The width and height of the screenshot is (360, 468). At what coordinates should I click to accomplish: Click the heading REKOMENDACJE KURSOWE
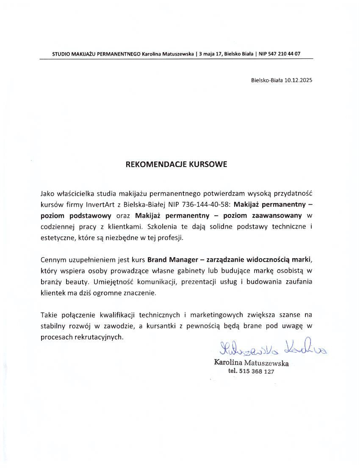pyautogui.click(x=176, y=164)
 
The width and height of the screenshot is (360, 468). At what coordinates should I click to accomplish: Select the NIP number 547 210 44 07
pyautogui.click(x=287, y=54)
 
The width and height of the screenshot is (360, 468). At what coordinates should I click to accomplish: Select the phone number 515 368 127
pyautogui.click(x=257, y=371)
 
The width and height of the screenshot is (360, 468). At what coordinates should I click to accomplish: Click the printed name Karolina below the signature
pyautogui.click(x=228, y=363)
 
